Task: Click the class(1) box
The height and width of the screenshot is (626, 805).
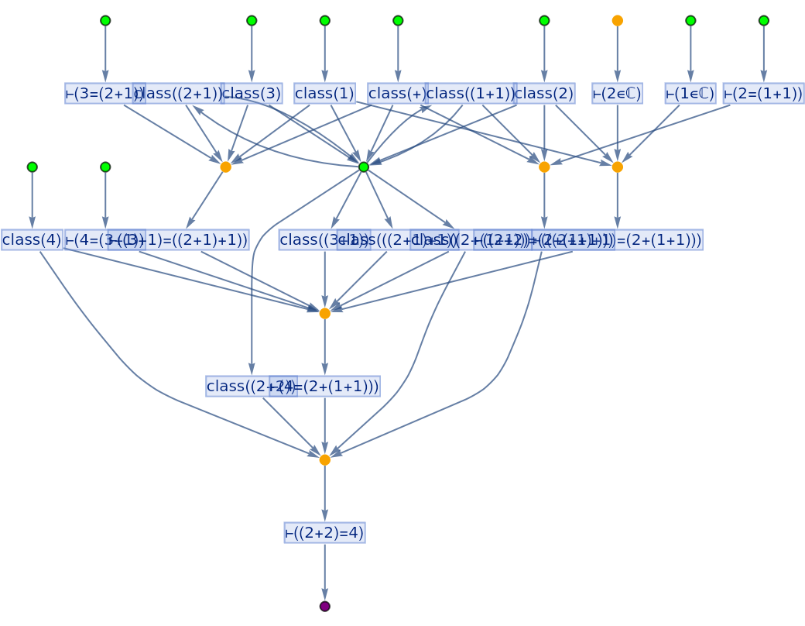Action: pyautogui.click(x=324, y=94)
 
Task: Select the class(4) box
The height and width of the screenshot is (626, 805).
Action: pyautogui.click(x=32, y=240)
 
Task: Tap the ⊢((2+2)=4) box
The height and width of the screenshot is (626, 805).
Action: pyautogui.click(x=324, y=533)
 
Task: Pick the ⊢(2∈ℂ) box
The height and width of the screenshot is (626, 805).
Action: pyautogui.click(x=617, y=94)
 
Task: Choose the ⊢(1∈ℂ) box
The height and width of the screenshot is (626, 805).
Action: pyautogui.click(x=690, y=94)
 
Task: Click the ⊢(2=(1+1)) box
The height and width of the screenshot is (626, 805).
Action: pyautogui.click(x=763, y=94)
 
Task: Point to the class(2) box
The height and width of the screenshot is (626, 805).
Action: pyautogui.click(x=544, y=94)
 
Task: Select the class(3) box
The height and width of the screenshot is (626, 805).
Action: pyautogui.click(x=252, y=94)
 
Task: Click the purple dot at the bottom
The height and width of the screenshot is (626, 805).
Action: pyautogui.click(x=324, y=606)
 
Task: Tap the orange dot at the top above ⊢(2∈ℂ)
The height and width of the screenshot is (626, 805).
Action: pyautogui.click(x=617, y=21)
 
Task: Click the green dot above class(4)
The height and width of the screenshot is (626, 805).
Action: pyautogui.click(x=32, y=167)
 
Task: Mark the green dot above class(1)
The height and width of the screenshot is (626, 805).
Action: pyautogui.click(x=324, y=21)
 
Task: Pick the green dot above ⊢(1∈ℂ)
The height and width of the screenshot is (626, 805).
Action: pyautogui.click(x=690, y=21)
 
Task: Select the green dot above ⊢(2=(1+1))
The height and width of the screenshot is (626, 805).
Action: pyautogui.click(x=763, y=21)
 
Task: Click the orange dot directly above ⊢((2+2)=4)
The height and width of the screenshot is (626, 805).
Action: pyautogui.click(x=324, y=459)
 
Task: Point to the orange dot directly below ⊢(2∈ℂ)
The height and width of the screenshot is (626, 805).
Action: pyautogui.click(x=617, y=167)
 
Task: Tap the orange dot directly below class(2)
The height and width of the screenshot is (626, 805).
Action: pyautogui.click(x=544, y=167)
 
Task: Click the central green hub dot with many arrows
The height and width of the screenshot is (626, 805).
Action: pyautogui.click(x=364, y=167)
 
